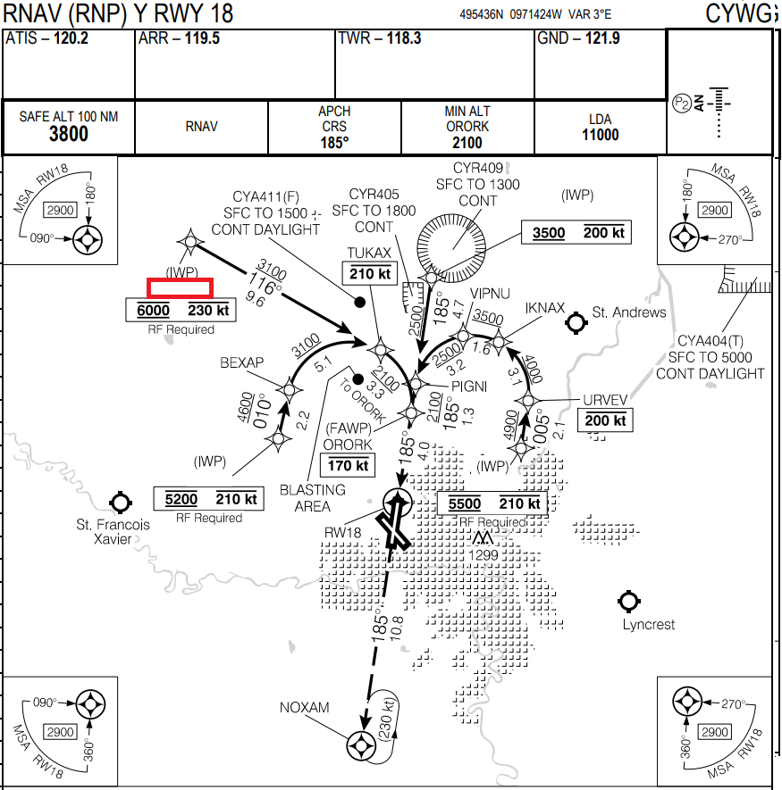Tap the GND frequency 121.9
602,39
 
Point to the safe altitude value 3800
68,135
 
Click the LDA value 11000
599,135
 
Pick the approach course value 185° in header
334,141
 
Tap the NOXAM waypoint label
305,708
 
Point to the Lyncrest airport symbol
628,602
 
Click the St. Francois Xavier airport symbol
119,503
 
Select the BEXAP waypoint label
242,362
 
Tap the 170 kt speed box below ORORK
348,465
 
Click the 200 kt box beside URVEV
605,420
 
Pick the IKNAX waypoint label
545,309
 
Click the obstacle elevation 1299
484,555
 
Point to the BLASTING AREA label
313,498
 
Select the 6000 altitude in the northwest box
152,311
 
